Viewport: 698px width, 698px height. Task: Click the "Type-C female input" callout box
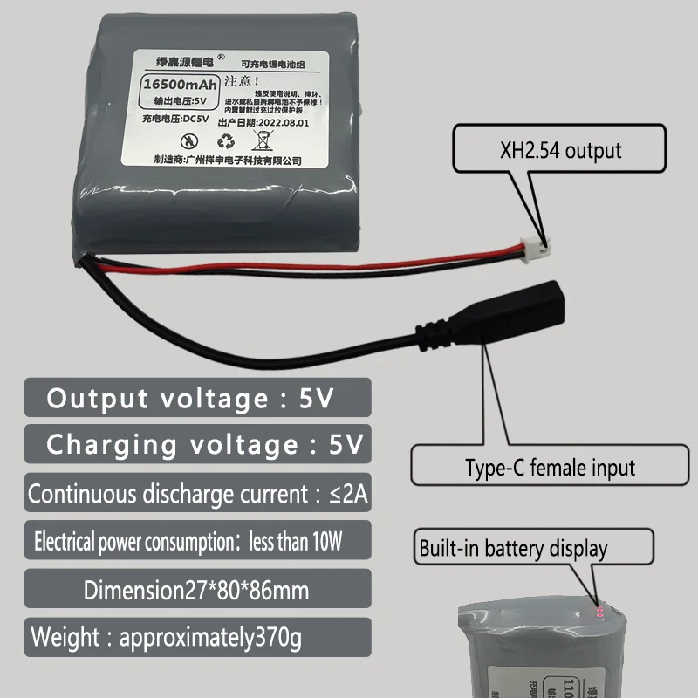click(x=549, y=467)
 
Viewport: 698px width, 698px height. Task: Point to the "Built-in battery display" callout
click(x=532, y=549)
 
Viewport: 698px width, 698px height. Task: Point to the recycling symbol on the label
click(x=228, y=140)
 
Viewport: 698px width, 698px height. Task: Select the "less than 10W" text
click(x=297, y=542)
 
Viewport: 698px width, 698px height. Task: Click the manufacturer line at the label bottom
click(x=227, y=161)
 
